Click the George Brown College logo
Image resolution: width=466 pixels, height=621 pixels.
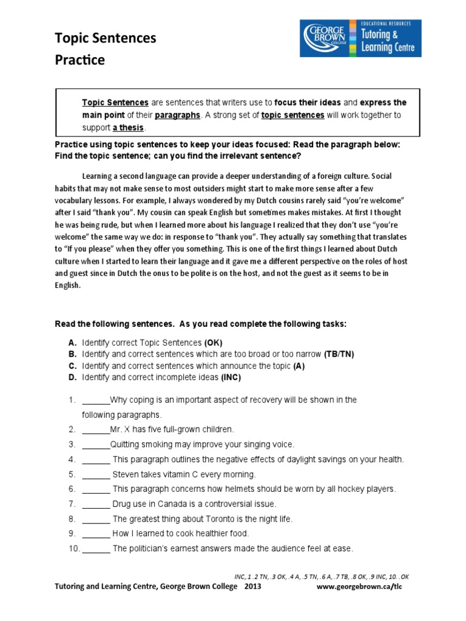360,38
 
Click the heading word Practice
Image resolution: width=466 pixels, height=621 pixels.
79,60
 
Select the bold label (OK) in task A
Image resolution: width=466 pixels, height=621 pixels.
213,342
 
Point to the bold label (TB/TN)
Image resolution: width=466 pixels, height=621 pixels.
341,354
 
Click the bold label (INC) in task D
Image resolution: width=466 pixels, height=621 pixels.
231,377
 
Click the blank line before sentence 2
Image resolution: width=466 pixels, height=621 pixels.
96,429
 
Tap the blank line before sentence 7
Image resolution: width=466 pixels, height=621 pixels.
96,504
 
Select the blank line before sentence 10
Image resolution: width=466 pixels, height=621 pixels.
96,549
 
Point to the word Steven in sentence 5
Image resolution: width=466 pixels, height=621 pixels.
126,474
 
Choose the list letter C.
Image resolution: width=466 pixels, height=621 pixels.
72,366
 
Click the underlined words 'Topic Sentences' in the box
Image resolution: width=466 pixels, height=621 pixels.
115,102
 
